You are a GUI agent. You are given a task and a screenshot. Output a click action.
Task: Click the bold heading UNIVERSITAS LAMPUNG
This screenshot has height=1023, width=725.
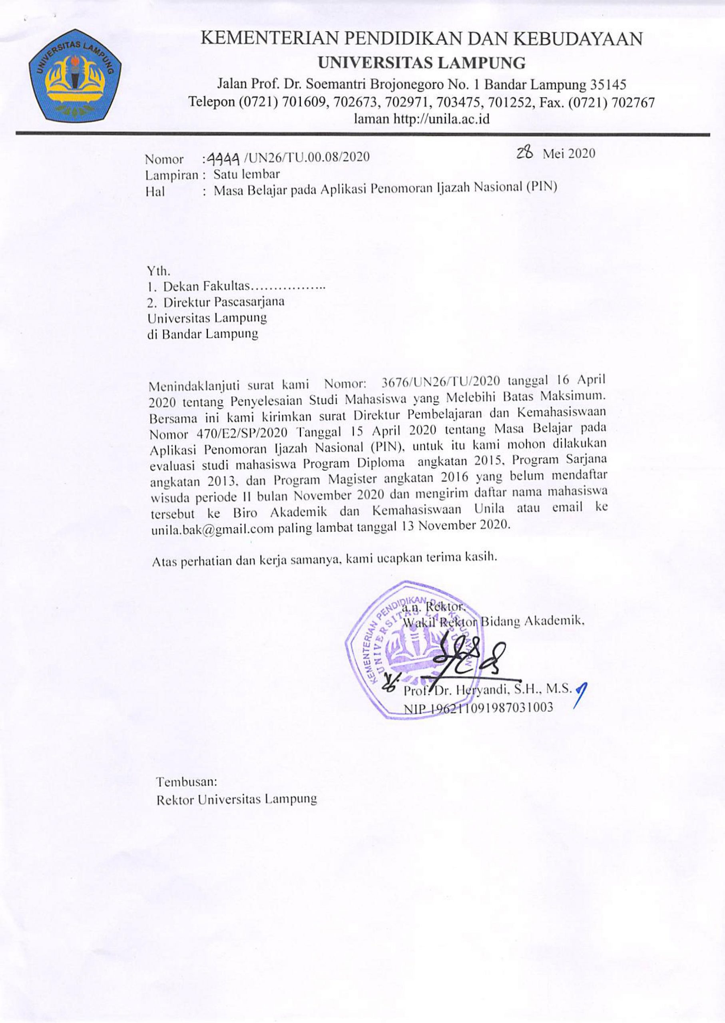pyautogui.click(x=421, y=64)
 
